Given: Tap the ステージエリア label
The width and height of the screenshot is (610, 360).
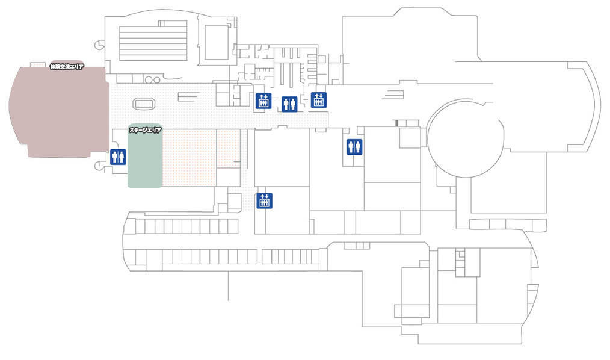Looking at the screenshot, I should coord(145,129).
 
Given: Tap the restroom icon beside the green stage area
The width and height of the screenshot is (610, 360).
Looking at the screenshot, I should coord(118,157).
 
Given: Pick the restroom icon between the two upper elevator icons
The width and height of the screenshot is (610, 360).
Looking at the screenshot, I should coord(289,104).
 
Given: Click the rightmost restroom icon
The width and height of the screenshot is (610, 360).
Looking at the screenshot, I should coord(354,147).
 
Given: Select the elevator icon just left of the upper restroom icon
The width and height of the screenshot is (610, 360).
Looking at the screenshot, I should coord(262,101).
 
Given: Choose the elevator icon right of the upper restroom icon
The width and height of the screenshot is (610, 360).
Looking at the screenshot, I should coord(318,100).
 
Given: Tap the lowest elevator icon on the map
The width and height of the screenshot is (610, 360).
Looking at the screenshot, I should coord(264,200).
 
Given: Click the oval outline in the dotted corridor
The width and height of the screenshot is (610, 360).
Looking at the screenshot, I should coord(144,104).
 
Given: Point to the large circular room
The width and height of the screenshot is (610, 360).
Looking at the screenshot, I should coord(466,138).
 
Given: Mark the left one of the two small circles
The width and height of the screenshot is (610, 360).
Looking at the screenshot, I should coord(148,79).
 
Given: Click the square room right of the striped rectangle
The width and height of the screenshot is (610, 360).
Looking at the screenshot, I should coord(216,39).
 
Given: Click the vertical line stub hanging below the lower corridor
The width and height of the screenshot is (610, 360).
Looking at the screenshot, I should coord(228,286).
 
